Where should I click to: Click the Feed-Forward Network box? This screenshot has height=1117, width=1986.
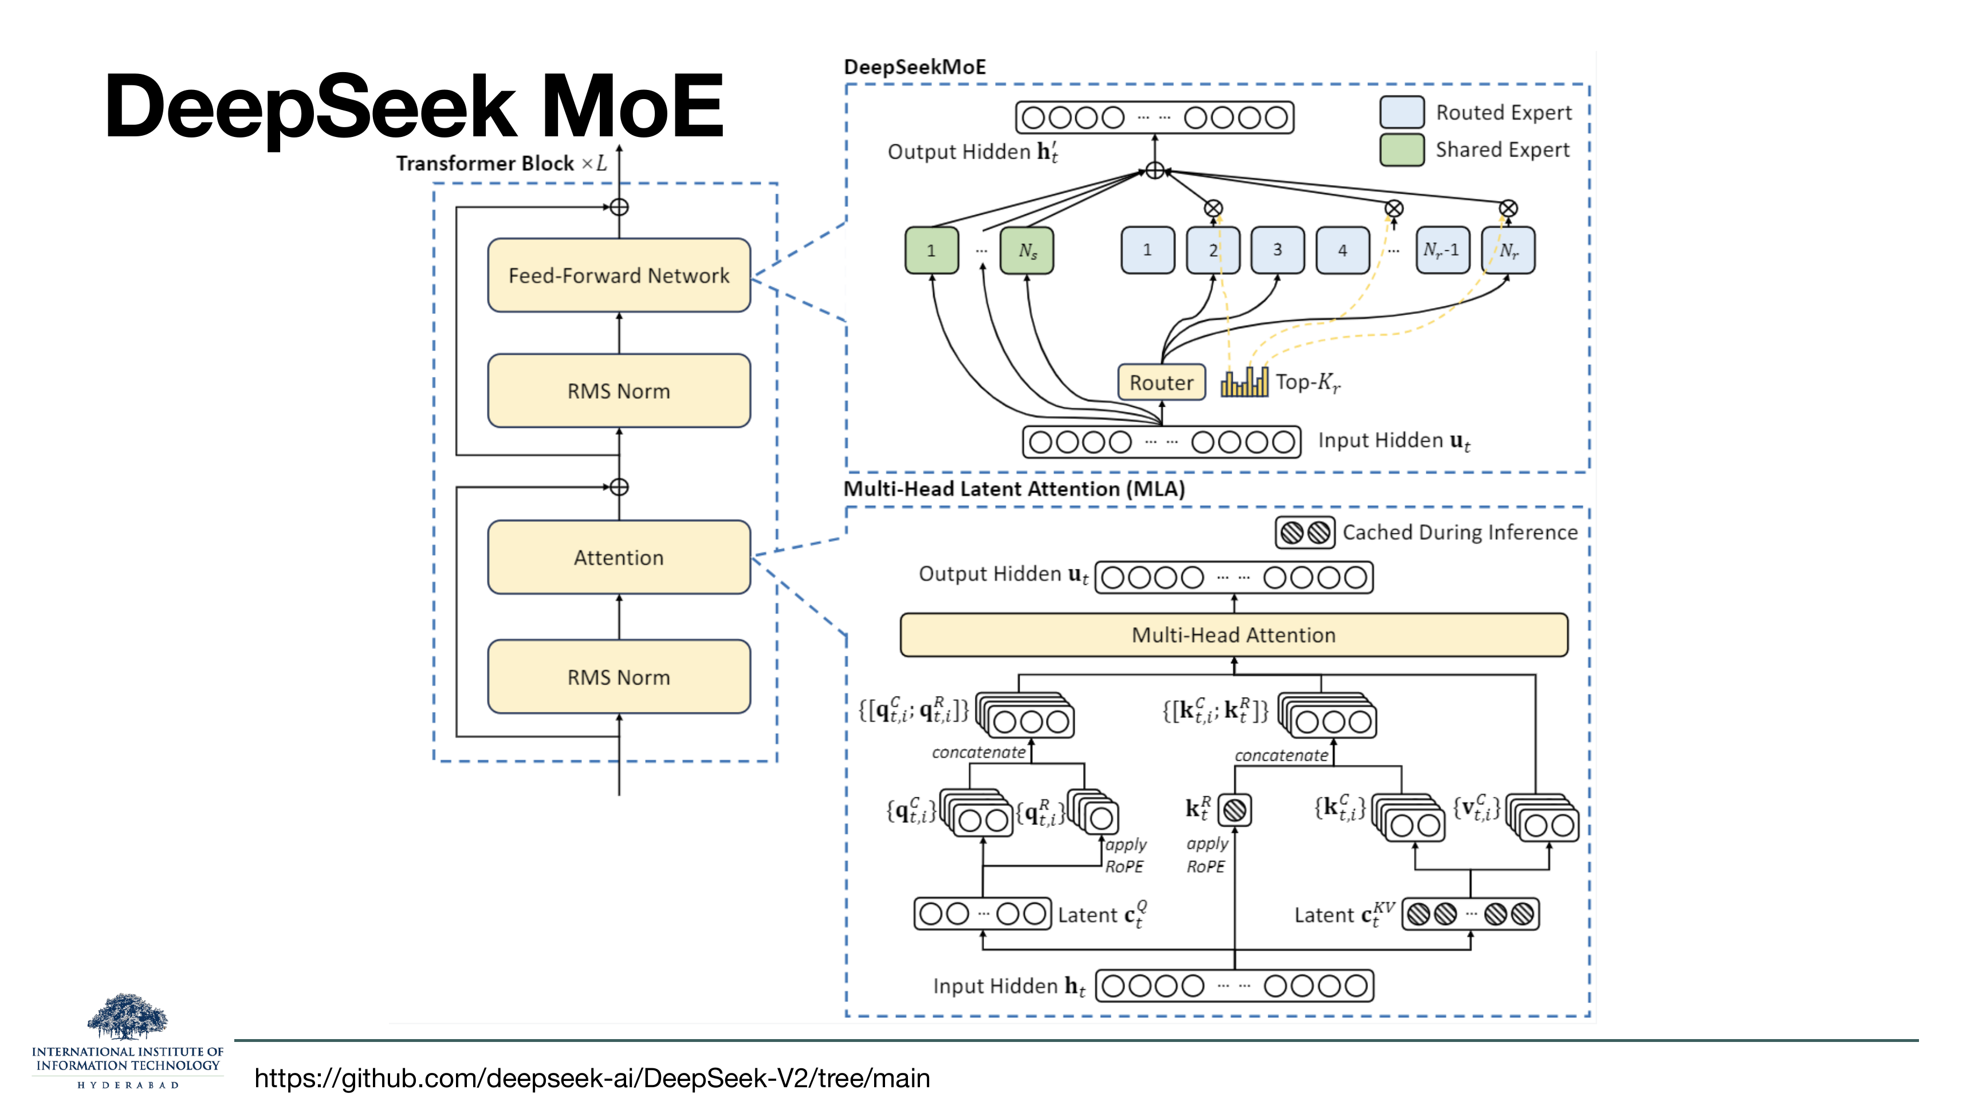(x=618, y=275)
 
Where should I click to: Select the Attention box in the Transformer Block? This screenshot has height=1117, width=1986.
(x=618, y=557)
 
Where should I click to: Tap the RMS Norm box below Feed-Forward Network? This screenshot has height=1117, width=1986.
(x=618, y=391)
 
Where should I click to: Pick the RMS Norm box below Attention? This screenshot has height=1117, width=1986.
(x=618, y=677)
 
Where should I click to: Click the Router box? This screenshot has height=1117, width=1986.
(x=1161, y=382)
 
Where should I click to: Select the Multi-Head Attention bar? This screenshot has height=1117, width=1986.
(x=1233, y=635)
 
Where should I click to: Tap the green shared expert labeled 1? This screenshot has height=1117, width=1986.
(x=931, y=250)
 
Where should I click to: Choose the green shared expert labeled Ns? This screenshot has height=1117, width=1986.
(x=1027, y=250)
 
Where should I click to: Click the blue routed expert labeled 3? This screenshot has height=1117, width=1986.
(x=1277, y=250)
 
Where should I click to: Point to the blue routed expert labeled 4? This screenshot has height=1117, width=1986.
(x=1342, y=250)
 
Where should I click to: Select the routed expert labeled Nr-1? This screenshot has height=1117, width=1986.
(x=1442, y=250)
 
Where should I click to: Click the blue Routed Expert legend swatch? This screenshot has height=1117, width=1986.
(x=1402, y=112)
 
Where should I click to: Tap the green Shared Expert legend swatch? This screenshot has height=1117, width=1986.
(x=1402, y=150)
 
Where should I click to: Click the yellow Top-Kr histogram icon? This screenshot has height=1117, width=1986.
(x=1244, y=382)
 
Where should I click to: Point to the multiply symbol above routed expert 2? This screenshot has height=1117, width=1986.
(x=1213, y=208)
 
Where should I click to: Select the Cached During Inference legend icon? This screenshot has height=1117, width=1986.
(x=1304, y=533)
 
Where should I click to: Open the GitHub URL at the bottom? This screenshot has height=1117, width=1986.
(x=592, y=1077)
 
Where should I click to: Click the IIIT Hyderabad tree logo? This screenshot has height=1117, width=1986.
(x=127, y=1016)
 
